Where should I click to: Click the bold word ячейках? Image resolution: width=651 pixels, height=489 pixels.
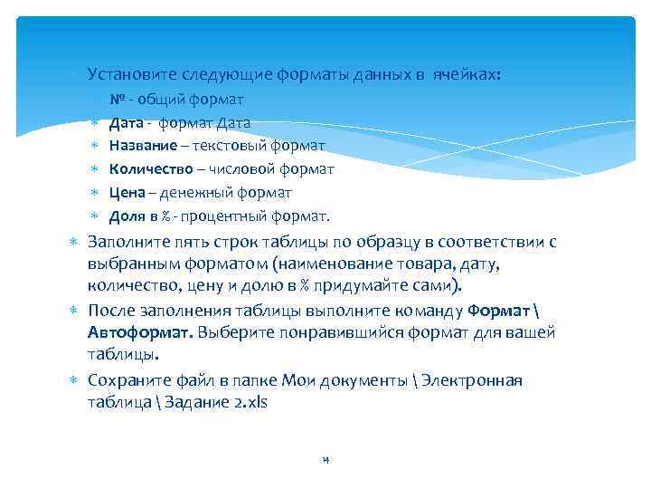(x=464, y=72)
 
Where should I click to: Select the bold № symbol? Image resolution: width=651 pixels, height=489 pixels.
(x=116, y=98)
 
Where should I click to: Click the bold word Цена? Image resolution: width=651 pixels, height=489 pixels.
(x=126, y=192)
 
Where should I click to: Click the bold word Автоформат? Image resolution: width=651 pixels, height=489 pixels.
(x=137, y=332)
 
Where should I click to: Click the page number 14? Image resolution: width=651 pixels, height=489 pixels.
(x=325, y=460)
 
